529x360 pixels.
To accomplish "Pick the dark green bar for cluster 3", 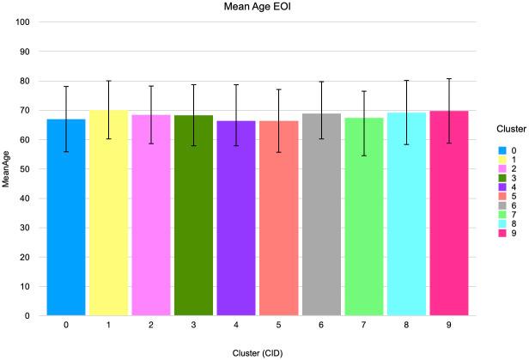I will point(193,215).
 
